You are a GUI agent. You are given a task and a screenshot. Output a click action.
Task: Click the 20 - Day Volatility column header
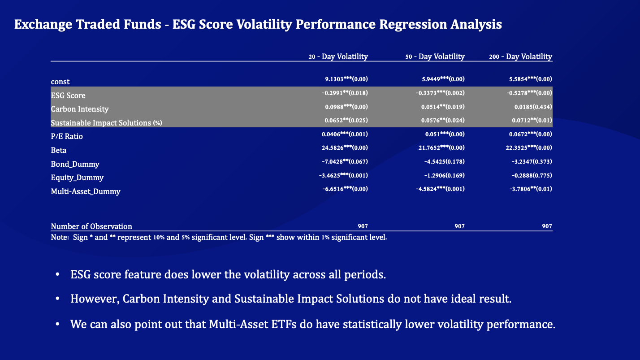pyautogui.click(x=338, y=56)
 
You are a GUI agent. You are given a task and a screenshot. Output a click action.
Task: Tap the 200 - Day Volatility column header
pyautogui.click(x=520, y=56)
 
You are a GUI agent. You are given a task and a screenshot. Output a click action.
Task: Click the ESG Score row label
pyautogui.click(x=68, y=95)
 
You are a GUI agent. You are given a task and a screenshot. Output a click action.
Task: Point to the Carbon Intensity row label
pyautogui.click(x=80, y=109)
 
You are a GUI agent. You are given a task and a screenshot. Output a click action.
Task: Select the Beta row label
pyautogui.click(x=59, y=150)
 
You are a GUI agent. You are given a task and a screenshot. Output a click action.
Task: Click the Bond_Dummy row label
pyautogui.click(x=75, y=164)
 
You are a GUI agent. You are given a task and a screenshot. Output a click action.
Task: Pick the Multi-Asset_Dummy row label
pyautogui.click(x=86, y=191)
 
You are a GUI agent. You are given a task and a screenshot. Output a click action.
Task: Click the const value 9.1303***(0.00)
pyautogui.click(x=346, y=79)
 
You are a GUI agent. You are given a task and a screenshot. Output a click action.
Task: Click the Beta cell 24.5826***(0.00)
pyautogui.click(x=345, y=148)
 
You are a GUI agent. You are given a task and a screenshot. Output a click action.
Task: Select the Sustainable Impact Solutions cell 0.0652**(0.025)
pyautogui.click(x=346, y=121)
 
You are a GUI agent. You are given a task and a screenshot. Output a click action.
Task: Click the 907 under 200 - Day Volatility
pyautogui.click(x=547, y=226)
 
